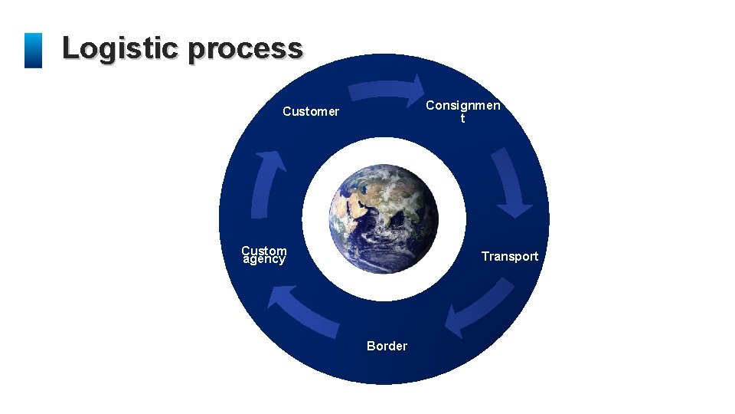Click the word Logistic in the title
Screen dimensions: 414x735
click(121, 48)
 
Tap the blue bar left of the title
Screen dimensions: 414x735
click(33, 50)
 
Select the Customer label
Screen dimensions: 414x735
click(310, 112)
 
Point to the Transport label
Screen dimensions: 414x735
click(509, 256)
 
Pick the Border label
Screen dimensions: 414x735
click(387, 346)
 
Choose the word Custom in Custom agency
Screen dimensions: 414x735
click(263, 250)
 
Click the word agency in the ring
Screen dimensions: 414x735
click(263, 260)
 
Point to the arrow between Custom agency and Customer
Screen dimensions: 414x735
click(266, 184)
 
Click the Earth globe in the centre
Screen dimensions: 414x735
click(384, 219)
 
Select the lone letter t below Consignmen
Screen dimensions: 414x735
click(462, 119)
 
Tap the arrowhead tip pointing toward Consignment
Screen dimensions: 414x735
click(422, 87)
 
